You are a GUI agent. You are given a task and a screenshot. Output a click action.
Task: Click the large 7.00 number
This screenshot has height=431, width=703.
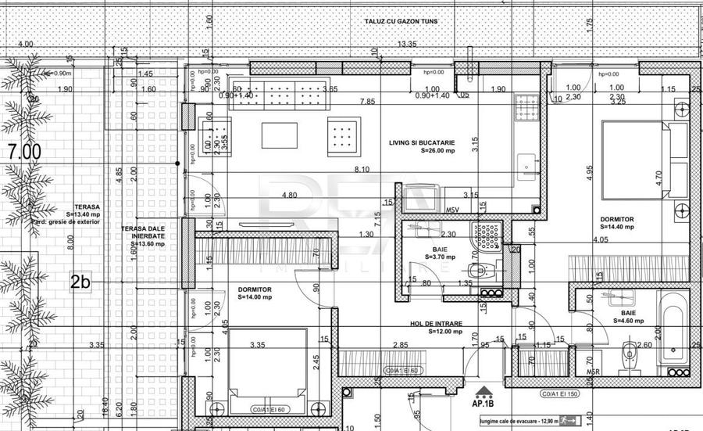point(22,153)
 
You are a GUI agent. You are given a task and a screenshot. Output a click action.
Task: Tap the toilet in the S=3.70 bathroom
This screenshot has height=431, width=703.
point(484,271)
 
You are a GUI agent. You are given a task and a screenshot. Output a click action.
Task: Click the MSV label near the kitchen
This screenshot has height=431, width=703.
point(452,210)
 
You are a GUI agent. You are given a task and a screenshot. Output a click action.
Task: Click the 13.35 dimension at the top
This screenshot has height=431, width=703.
point(407,44)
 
